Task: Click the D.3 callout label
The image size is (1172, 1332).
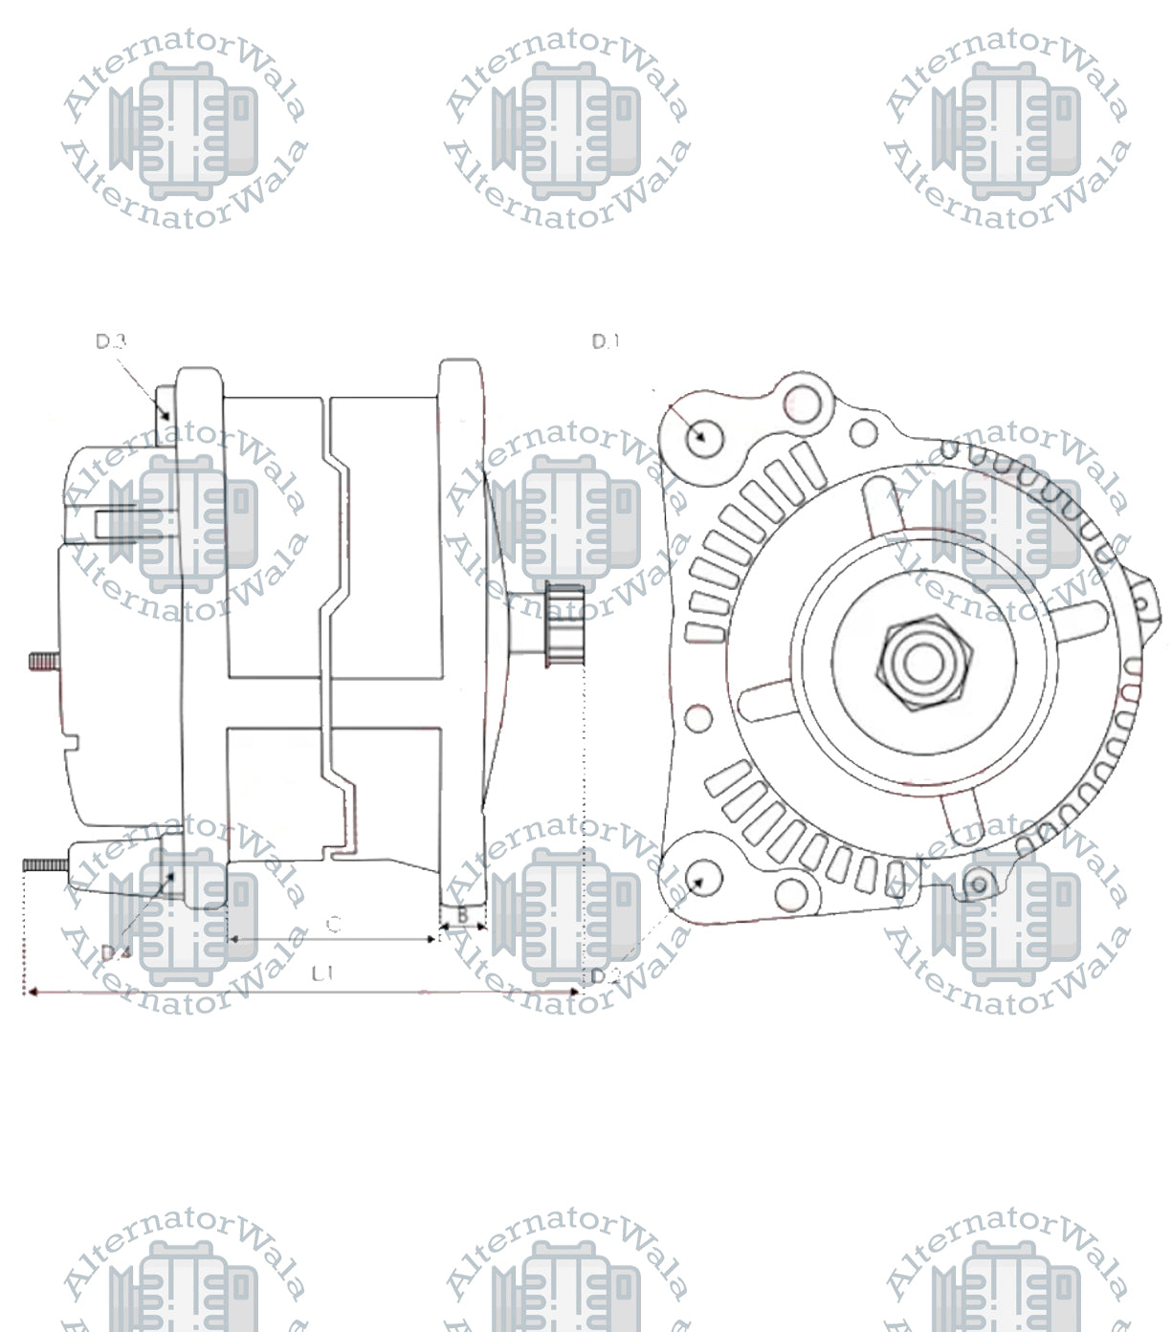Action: click(x=111, y=341)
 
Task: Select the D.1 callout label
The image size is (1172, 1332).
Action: click(x=606, y=341)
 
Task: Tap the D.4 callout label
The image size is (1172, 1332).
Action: click(x=115, y=952)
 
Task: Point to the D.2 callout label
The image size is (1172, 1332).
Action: click(x=606, y=975)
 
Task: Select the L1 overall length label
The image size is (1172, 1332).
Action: click(x=321, y=973)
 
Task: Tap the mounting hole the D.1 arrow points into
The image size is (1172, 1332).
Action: click(x=704, y=437)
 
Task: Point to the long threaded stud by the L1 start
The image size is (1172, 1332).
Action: click(x=44, y=864)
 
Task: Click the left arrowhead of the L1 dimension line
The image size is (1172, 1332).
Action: click(x=31, y=993)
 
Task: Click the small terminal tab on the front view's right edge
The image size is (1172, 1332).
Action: click(x=1147, y=602)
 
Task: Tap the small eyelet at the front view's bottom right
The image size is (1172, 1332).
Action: click(x=977, y=885)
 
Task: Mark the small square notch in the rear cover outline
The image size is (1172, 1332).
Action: click(x=70, y=739)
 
